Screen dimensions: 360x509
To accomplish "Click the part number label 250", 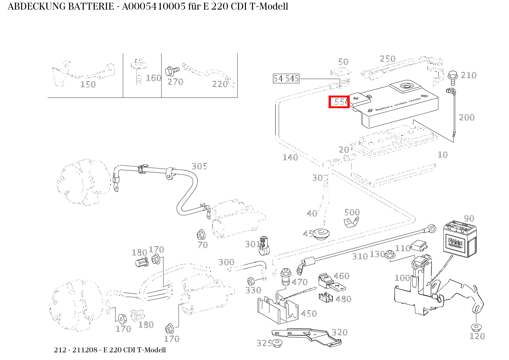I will click(x=387, y=59).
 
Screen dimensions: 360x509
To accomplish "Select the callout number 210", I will click(x=468, y=75).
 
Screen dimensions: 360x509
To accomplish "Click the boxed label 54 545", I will click(x=286, y=79).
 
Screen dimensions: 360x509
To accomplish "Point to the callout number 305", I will click(x=199, y=166).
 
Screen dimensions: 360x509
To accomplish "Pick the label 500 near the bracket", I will click(x=352, y=212).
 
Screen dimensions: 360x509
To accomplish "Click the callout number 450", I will click(x=309, y=314).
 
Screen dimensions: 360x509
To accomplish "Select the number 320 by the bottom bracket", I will click(x=339, y=332).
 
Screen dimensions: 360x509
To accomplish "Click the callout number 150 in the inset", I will click(x=88, y=84).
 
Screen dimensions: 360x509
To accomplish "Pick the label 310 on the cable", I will click(x=360, y=256).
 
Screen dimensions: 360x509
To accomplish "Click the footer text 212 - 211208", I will click(x=76, y=350).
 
